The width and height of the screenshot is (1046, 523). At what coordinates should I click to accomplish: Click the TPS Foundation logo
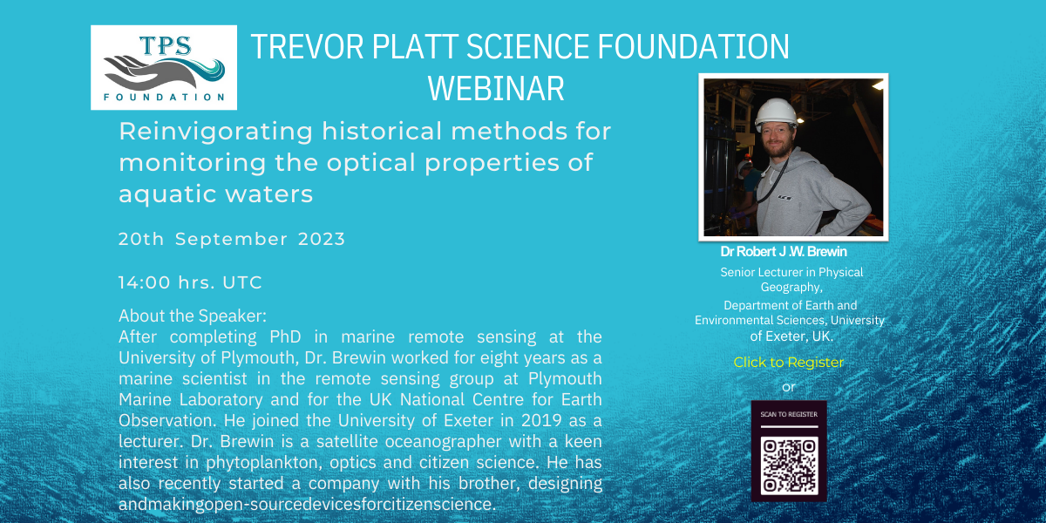coord(164,68)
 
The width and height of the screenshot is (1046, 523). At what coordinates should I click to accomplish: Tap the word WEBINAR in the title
coord(496,88)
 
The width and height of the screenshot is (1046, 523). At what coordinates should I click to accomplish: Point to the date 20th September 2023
coord(232,239)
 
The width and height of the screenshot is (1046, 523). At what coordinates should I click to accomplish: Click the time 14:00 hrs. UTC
coord(190,282)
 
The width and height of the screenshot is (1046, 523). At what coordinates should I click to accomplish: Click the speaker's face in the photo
coord(775,138)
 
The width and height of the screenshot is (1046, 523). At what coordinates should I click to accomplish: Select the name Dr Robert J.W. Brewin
coord(784,252)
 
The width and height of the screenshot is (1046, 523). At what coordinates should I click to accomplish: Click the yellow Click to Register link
coord(788,363)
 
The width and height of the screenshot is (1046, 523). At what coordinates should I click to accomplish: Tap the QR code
coord(789,465)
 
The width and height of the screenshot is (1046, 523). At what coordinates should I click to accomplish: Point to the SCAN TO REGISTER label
coord(789,415)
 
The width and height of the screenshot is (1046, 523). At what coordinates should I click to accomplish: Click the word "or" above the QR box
coord(789,386)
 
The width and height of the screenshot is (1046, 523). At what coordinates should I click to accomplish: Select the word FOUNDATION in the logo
coord(164,97)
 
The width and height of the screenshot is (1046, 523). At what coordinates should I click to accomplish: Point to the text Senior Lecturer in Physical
coord(791,272)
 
